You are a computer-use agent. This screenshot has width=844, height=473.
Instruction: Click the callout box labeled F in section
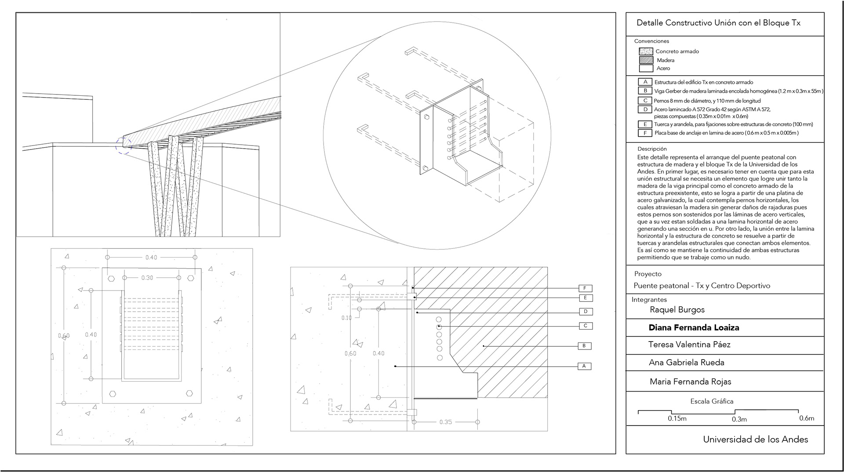[x=585, y=288]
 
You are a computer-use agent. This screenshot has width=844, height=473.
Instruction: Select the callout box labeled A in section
[x=584, y=366]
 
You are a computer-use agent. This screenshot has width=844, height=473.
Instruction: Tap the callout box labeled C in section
[x=586, y=326]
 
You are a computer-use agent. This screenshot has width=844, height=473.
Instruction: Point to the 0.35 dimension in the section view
[x=445, y=422]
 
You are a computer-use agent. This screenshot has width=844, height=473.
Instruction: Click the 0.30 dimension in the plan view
[x=147, y=278]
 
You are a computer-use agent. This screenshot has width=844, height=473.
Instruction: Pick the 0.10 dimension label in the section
[x=346, y=318]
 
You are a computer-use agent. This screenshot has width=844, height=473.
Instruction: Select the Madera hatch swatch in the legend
[x=646, y=60]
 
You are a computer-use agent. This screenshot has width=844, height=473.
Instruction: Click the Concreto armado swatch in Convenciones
[x=646, y=51]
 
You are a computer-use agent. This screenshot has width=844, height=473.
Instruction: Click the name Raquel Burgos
[x=677, y=309]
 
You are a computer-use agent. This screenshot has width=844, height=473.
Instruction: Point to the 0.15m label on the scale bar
[x=677, y=418]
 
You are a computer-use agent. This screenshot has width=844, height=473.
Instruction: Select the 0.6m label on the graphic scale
[x=807, y=418]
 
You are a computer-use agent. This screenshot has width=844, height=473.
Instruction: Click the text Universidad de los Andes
[x=755, y=439]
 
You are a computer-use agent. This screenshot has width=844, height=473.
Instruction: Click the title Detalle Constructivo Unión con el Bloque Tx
[x=718, y=23]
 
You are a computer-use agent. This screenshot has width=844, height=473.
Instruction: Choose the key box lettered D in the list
[x=645, y=109]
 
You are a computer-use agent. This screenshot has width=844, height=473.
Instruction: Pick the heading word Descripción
[x=652, y=149]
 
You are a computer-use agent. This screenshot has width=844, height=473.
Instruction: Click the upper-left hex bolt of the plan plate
[x=111, y=278]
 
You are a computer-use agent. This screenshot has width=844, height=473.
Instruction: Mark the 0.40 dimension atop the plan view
[x=151, y=257]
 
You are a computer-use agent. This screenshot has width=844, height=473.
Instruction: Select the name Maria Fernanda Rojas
[x=690, y=382]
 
